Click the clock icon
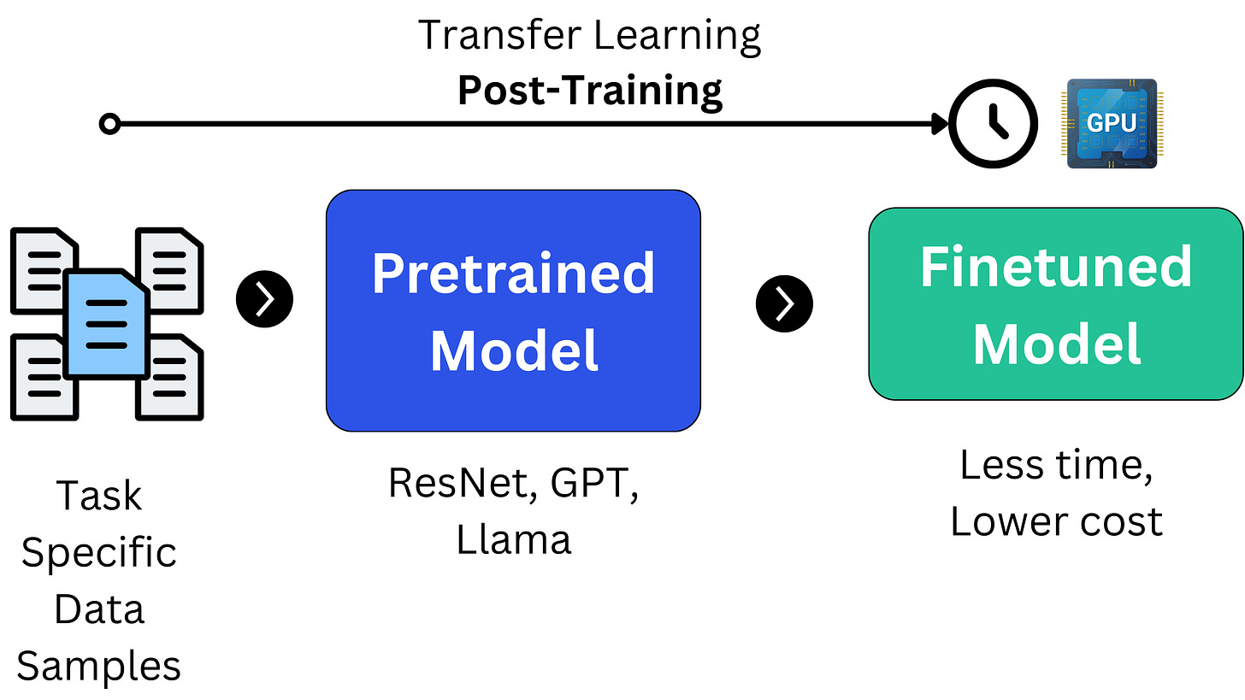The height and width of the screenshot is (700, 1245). click(994, 124)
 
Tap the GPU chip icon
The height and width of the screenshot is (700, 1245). click(1112, 124)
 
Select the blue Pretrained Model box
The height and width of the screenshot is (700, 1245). click(513, 310)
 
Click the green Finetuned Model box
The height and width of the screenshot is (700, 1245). click(1056, 303)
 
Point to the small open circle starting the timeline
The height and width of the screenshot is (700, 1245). click(109, 125)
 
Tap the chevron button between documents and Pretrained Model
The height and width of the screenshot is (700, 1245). click(264, 300)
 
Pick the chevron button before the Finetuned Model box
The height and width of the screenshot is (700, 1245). click(784, 303)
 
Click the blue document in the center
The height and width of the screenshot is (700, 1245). click(107, 325)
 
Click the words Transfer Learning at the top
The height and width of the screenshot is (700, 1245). click(590, 36)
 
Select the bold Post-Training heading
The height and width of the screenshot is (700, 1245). click(590, 90)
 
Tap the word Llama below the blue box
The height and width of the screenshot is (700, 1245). click(513, 539)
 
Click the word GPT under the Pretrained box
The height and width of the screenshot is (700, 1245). click(593, 483)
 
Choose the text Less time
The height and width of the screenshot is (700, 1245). click(1056, 465)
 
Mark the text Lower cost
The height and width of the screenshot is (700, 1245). click(1056, 521)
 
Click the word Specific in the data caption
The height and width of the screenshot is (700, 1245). click(98, 553)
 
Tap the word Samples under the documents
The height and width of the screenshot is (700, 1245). click(98, 666)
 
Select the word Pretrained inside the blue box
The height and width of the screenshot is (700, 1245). click(513, 274)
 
